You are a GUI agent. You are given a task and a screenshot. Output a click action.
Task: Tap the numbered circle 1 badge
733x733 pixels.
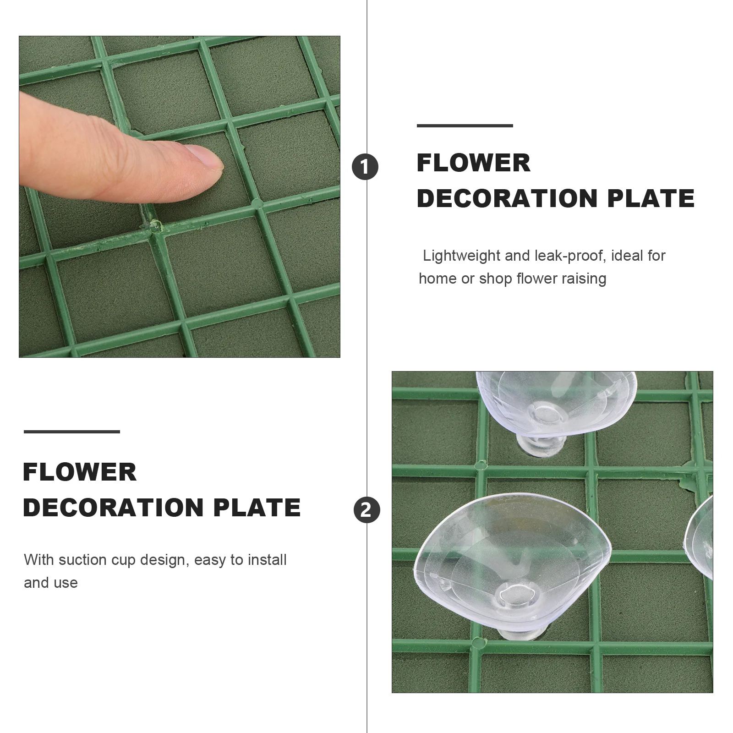pyautogui.click(x=365, y=167)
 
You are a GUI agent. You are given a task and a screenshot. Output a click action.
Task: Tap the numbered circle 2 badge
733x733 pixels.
pyautogui.click(x=366, y=509)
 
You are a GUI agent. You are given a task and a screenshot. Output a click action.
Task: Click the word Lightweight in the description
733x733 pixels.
pyautogui.click(x=461, y=256)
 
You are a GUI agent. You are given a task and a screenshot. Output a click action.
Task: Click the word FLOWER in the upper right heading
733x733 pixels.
pyautogui.click(x=474, y=163)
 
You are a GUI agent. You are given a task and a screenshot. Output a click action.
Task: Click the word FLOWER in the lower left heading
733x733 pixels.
pyautogui.click(x=80, y=472)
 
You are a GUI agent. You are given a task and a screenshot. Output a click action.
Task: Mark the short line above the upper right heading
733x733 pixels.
pyautogui.click(x=465, y=126)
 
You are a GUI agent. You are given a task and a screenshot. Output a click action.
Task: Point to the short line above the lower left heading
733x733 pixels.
pyautogui.click(x=72, y=432)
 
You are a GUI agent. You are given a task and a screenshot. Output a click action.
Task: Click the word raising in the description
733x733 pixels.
pyautogui.click(x=585, y=279)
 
